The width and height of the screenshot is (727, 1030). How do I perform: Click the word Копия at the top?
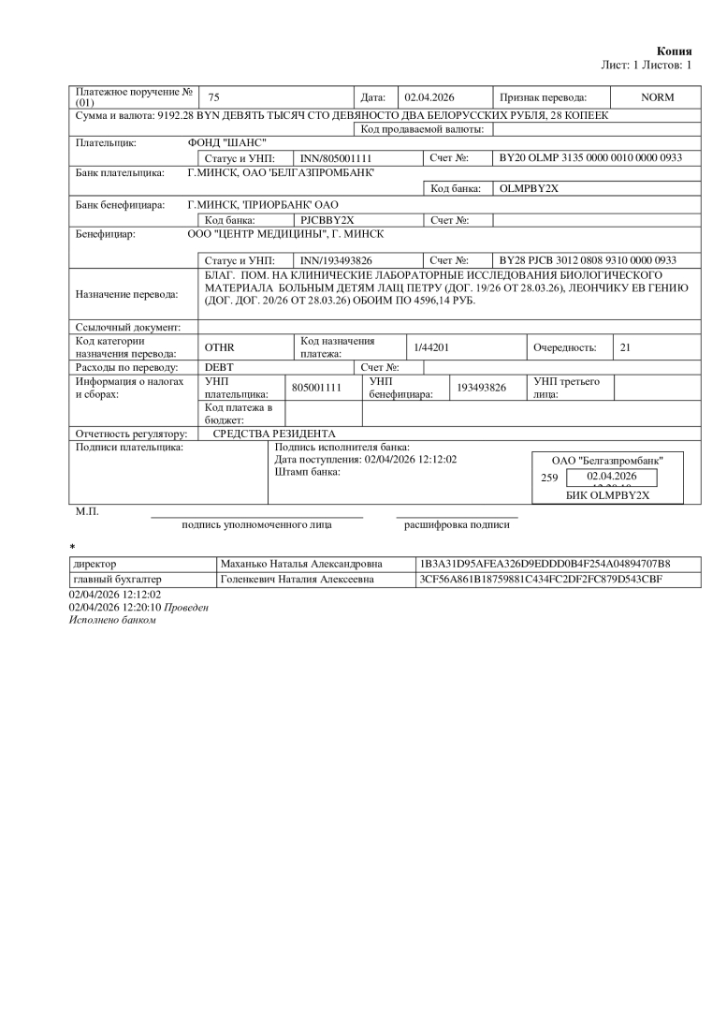click(675, 51)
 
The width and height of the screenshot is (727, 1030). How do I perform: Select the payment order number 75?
click(213, 97)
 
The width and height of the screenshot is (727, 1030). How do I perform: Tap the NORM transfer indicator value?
click(657, 97)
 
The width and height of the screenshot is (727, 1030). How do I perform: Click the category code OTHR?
click(219, 347)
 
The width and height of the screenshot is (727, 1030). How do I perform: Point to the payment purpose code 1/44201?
click(432, 347)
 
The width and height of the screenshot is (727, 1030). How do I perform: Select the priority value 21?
click(626, 347)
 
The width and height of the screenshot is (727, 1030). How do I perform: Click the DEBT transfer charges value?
click(219, 367)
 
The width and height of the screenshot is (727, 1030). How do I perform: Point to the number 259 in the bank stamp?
click(549, 478)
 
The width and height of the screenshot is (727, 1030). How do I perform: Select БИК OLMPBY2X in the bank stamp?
click(607, 495)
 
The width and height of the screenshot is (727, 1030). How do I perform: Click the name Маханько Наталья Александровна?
click(300, 565)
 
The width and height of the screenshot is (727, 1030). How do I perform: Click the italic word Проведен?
click(186, 607)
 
